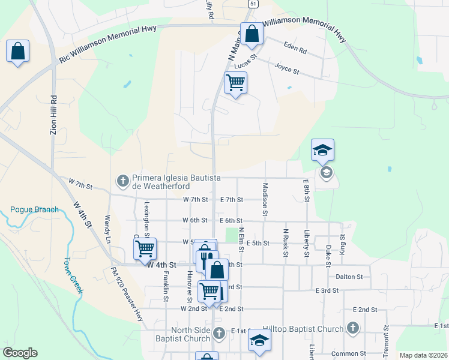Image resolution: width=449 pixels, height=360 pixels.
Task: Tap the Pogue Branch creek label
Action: point(34,209)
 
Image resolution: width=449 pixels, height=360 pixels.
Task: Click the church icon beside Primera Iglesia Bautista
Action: point(123,179)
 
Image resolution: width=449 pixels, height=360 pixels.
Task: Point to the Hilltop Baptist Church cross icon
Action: point(353,328)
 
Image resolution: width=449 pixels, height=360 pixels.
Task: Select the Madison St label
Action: point(265,198)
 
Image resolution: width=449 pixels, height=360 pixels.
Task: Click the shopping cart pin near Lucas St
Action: point(235,82)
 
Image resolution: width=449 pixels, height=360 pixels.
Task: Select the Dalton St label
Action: point(350,277)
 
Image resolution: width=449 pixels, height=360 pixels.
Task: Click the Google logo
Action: point(20,353)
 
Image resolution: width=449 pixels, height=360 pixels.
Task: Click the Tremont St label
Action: point(387,341)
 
